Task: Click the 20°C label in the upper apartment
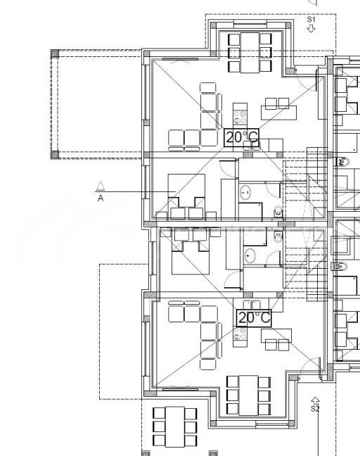242,137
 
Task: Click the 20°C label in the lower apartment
254,318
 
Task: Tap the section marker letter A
101,198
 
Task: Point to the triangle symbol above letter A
101,186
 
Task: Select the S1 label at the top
311,20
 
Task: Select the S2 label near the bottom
315,408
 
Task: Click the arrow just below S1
311,30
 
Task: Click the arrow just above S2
315,400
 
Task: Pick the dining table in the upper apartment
249,52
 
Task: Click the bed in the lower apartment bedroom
189,258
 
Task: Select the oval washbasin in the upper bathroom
246,192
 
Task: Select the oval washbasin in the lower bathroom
251,255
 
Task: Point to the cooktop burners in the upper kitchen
240,115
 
